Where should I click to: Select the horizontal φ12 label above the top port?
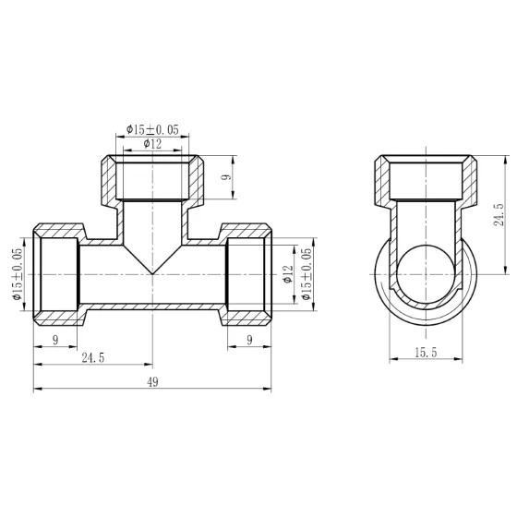click(153, 144)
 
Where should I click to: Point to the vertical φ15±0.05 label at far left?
click(16, 273)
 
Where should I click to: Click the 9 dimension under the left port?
click(56, 340)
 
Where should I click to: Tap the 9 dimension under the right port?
click(249, 340)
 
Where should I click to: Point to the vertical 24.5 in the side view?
click(499, 216)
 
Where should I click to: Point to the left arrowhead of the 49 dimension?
click(37, 391)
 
